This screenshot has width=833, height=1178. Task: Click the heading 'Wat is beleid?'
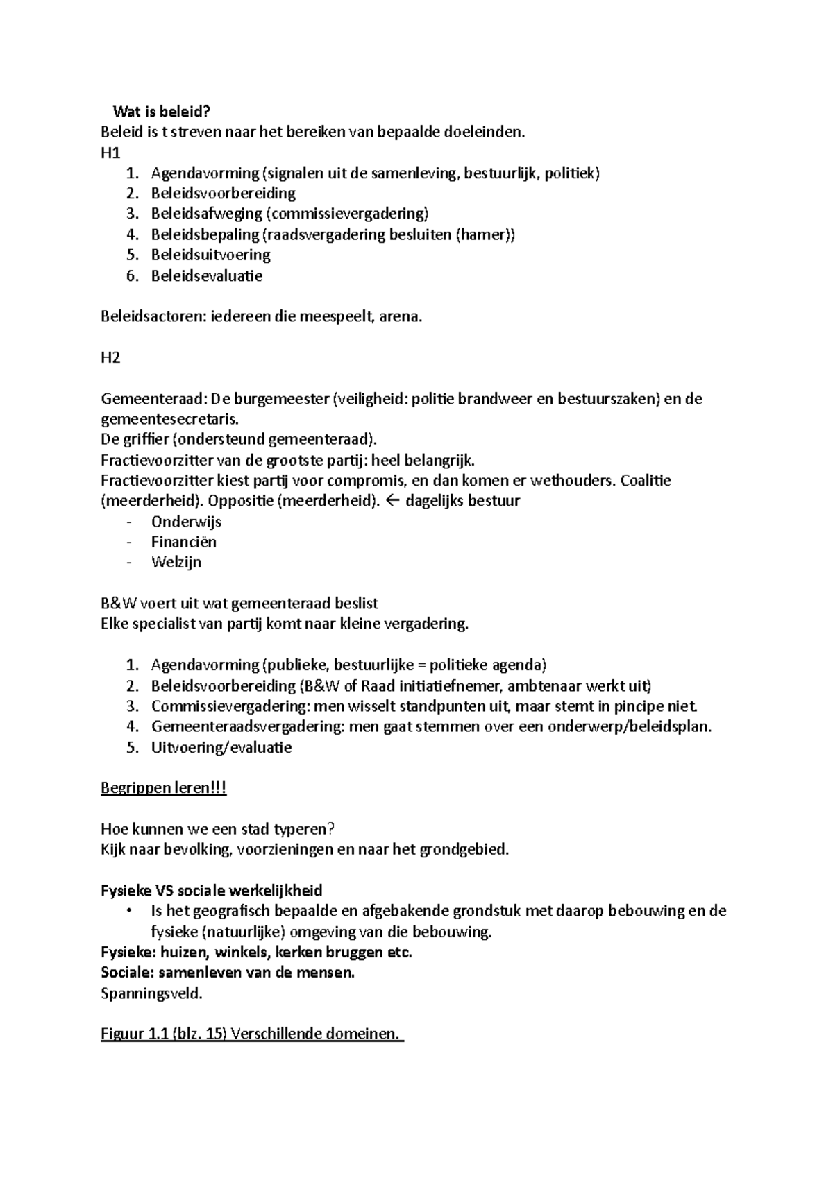click(x=161, y=112)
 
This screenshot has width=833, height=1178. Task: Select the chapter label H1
click(x=110, y=153)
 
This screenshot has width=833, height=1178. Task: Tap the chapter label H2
click(x=110, y=358)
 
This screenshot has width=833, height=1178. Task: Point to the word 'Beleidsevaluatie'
click(x=207, y=276)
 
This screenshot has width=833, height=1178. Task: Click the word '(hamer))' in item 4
click(x=485, y=234)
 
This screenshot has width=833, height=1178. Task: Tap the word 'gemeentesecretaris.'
click(x=169, y=419)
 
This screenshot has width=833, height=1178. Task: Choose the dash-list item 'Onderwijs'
click(x=186, y=522)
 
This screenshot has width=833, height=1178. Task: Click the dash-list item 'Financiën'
click(x=184, y=542)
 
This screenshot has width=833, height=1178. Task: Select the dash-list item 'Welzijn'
click(x=176, y=562)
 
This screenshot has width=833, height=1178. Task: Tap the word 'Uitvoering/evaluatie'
click(x=221, y=747)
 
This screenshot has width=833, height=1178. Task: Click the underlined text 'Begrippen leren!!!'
click(x=164, y=788)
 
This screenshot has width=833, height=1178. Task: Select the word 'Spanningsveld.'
click(x=151, y=993)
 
